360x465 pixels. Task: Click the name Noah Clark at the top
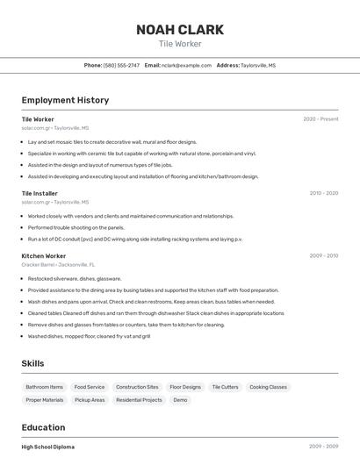pos(180,29)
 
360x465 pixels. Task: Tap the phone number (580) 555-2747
pos(121,65)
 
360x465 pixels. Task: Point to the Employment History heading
pos(65,100)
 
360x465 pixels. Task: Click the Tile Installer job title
pos(40,193)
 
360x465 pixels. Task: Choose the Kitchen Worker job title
pos(44,256)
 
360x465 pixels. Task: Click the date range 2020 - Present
pos(320,119)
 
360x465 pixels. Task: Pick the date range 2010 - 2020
pos(323,193)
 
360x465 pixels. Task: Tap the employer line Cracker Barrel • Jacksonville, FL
pos(58,264)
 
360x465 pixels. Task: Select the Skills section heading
pos(32,363)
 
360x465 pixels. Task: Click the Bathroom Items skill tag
pos(45,387)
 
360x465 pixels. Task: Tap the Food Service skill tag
pos(90,387)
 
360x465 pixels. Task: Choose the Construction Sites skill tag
pos(137,387)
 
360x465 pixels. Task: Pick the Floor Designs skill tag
pos(185,387)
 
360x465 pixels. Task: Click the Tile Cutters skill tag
pos(225,387)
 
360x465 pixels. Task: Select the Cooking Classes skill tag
pos(268,387)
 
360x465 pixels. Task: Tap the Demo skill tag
pos(180,400)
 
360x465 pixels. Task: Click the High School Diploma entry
pos(48,447)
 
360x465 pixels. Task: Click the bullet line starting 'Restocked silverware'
pos(75,278)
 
